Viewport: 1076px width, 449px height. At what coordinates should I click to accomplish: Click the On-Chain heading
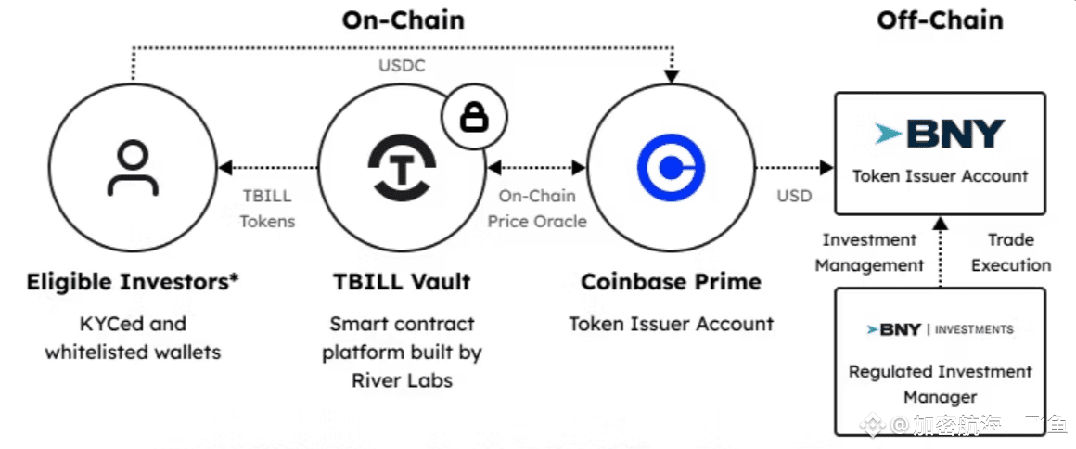point(403,19)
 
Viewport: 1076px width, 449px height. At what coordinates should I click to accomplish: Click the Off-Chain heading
point(940,19)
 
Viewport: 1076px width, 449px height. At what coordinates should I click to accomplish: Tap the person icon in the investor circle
point(133,168)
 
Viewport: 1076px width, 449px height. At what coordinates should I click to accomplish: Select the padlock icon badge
point(474,117)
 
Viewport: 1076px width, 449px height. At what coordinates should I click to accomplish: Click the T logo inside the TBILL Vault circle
point(402,168)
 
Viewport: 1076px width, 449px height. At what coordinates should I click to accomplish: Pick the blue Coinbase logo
point(671,168)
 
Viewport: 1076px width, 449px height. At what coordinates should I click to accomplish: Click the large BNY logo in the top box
point(940,135)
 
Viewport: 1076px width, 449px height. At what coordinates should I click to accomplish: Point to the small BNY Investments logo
point(940,329)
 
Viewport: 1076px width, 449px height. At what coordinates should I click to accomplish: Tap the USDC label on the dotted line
point(402,66)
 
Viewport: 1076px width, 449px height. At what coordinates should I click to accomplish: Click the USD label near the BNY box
point(794,196)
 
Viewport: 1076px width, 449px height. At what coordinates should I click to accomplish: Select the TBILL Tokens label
point(267,209)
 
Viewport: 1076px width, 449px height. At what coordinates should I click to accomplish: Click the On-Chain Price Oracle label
point(537,209)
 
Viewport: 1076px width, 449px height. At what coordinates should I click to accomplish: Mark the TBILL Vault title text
point(402,282)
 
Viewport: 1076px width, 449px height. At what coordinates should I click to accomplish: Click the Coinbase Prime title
point(671,282)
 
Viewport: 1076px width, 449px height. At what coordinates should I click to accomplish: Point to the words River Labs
point(402,380)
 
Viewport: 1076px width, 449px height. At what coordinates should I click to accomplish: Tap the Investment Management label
point(869,252)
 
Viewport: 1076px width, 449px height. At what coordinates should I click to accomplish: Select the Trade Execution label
point(1011,252)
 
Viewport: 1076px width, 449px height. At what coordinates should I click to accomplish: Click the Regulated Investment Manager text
point(940,383)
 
